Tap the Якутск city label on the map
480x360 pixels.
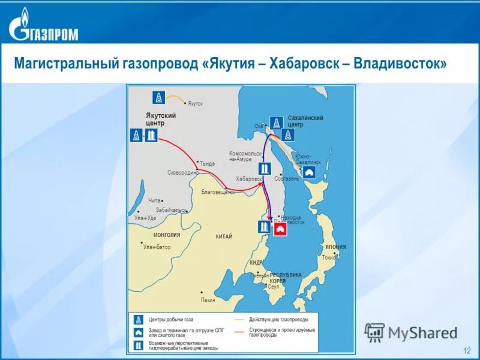pos(195,104)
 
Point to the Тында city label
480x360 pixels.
pos(207,163)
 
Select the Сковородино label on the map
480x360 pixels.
pos(182,172)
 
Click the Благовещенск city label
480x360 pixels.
pos(218,192)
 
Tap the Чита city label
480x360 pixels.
pos(155,200)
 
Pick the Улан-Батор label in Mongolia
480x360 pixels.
pos(157,247)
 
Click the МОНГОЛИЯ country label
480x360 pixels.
pos(166,235)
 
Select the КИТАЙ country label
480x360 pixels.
pos(224,237)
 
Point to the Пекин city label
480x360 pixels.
pos(208,299)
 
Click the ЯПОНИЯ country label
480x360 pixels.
pos(335,247)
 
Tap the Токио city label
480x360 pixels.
pos(328,257)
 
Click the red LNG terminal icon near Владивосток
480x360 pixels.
pos(280,229)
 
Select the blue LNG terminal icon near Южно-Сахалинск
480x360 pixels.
pos(310,173)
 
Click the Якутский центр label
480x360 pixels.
pos(161,119)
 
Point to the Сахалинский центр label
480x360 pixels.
pos(305,121)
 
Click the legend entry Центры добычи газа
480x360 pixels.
pos(172,319)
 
